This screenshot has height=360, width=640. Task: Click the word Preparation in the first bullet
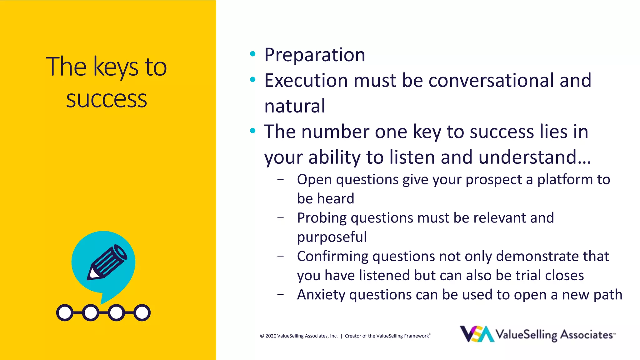tap(314, 55)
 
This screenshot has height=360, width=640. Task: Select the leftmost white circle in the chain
tap(65, 312)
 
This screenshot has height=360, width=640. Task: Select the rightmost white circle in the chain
tap(142, 312)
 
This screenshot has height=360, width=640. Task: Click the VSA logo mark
tap(477, 334)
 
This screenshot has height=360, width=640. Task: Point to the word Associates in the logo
tap(586, 335)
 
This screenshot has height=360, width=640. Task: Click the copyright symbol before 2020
tap(262, 336)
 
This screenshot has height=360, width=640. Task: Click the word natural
tap(295, 106)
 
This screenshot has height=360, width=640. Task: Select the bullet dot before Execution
tap(253, 80)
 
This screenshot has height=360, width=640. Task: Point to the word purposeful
tap(332, 237)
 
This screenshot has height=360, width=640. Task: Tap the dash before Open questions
tap(280, 179)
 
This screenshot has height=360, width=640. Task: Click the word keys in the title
tap(116, 67)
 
